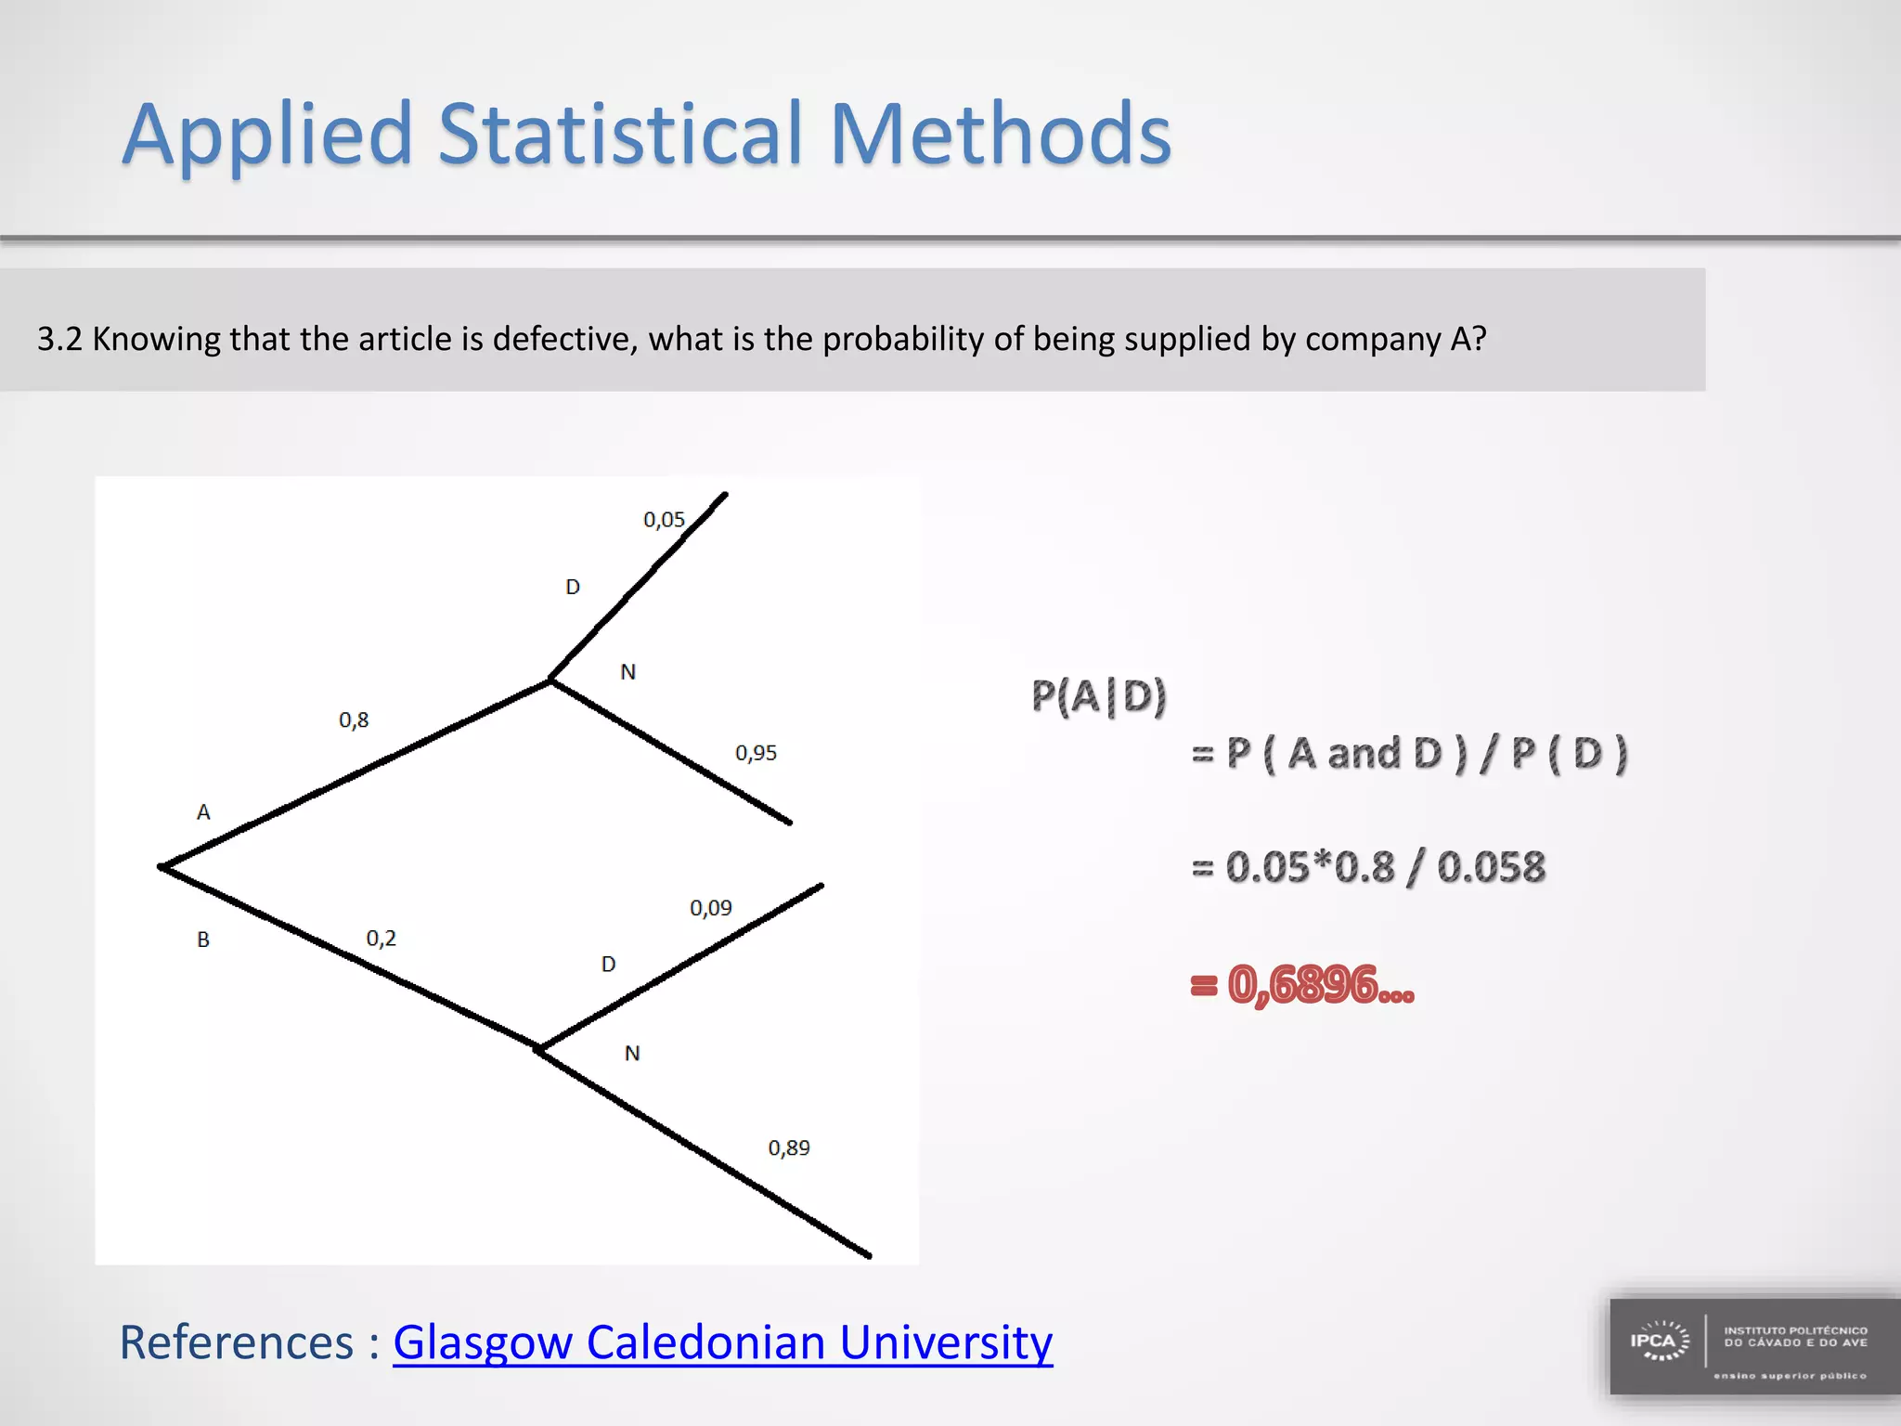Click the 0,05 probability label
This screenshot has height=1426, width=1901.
click(x=664, y=520)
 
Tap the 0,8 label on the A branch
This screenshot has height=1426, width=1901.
click(x=354, y=720)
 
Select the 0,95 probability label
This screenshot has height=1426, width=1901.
click(x=756, y=753)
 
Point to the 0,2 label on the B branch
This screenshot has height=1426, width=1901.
click(x=381, y=939)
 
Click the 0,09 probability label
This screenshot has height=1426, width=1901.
click(x=710, y=908)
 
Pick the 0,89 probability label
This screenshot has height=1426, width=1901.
click(x=788, y=1148)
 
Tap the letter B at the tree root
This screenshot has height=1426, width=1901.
click(x=203, y=940)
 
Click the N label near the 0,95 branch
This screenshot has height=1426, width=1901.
click(x=628, y=672)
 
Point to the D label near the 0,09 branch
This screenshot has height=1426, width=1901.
click(x=608, y=965)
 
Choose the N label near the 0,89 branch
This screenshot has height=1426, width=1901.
click(x=632, y=1054)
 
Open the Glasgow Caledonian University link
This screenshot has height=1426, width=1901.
click(x=722, y=1342)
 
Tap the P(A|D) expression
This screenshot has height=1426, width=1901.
click(x=1098, y=696)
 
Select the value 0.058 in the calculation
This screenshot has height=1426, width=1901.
click(x=1491, y=868)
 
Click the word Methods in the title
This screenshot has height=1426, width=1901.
click(x=1000, y=136)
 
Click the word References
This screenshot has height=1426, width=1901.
click(x=237, y=1342)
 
